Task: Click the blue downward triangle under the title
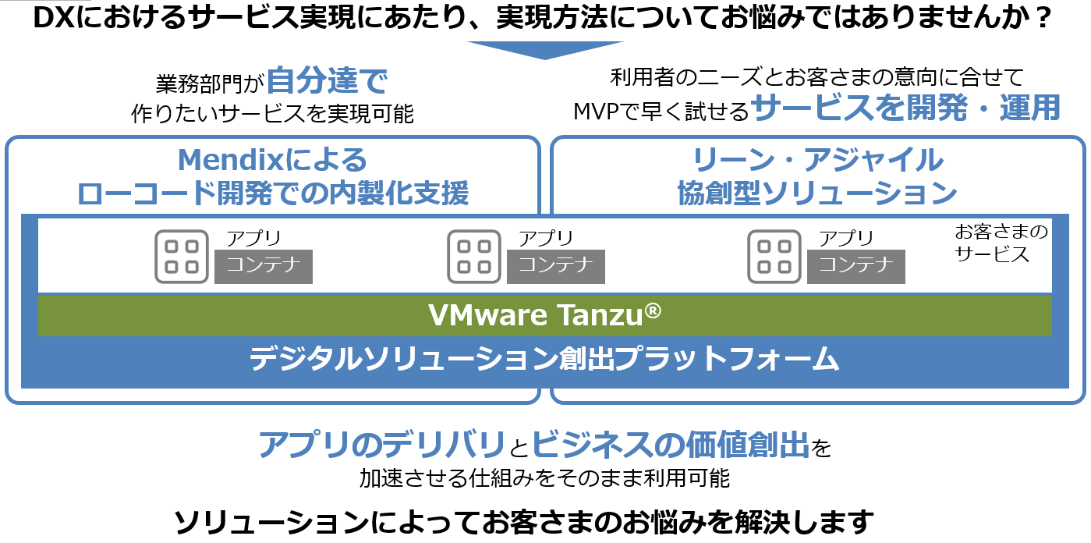[x=545, y=49]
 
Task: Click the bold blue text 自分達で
[x=327, y=80]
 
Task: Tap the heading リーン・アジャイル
[x=817, y=161]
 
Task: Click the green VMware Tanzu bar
[x=544, y=316]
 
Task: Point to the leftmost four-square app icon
[x=182, y=256]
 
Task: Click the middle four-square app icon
[x=474, y=256]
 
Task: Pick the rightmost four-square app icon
[x=774, y=256]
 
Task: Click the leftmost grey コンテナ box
[x=264, y=267]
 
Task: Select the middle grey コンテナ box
[x=556, y=267]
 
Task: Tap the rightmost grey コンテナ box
[x=856, y=267]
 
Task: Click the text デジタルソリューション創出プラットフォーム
[x=544, y=360]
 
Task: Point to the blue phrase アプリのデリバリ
[x=381, y=445]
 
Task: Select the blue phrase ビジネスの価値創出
[x=670, y=445]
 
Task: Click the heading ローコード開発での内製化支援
[x=273, y=193]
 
